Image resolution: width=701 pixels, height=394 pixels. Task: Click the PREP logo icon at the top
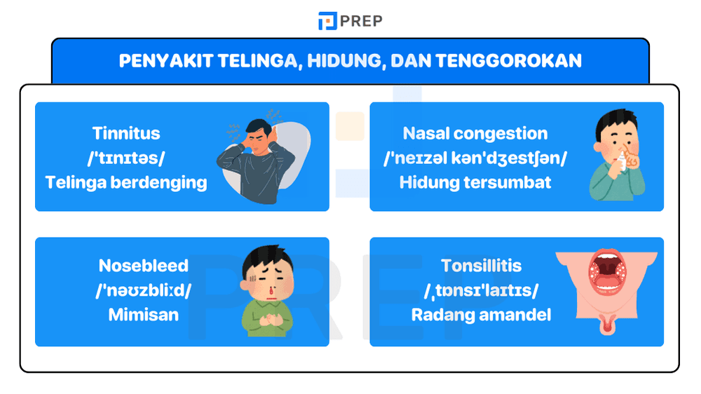[327, 21]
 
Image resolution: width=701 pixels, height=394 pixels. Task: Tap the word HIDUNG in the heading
[346, 61]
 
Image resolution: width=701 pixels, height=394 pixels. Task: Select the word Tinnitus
[126, 133]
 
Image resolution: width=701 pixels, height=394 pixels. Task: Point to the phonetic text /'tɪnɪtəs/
[126, 158]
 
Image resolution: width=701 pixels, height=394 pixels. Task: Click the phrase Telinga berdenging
[126, 182]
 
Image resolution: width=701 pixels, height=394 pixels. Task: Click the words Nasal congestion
[475, 133]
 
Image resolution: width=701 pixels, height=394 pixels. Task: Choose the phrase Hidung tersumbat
[475, 182]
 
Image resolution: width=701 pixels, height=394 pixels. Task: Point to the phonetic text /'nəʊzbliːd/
[143, 290]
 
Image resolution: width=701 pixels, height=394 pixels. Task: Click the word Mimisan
[143, 315]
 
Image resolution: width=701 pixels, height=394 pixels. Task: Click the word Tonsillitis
[481, 266]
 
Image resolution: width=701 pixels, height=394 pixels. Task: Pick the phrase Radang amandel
[481, 315]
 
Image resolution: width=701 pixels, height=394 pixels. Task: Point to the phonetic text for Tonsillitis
[481, 290]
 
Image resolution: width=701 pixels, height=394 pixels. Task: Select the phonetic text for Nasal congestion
[475, 158]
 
